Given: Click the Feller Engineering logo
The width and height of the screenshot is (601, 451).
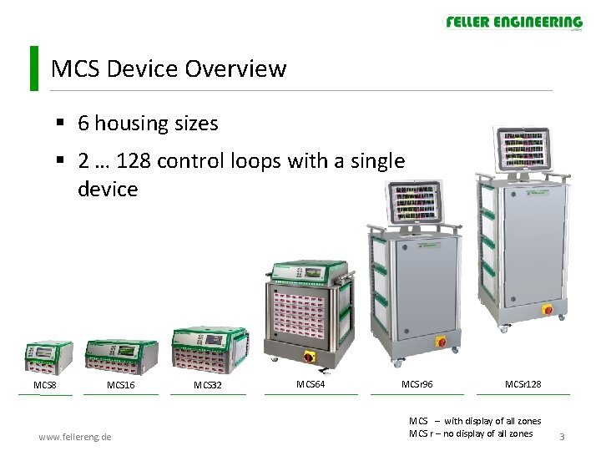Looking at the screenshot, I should (513, 23).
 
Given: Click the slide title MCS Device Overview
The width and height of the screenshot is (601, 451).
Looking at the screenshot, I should (168, 68).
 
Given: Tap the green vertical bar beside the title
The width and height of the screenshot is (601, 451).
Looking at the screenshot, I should (33, 68).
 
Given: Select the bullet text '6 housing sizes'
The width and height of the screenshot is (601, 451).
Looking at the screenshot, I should (148, 124).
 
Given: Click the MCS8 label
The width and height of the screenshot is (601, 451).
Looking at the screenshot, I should (45, 385).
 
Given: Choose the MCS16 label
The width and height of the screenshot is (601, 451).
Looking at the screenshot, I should (121, 385).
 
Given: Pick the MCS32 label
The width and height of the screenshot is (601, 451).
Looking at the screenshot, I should (208, 385).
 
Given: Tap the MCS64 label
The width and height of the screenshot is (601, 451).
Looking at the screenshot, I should (311, 384).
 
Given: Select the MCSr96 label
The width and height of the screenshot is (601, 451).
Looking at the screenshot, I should (417, 384).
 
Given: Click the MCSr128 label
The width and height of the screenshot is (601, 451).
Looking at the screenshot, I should (523, 384).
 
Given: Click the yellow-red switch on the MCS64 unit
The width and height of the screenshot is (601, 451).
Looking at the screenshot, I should (310, 357).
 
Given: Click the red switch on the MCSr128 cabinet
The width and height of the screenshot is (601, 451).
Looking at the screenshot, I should (548, 310).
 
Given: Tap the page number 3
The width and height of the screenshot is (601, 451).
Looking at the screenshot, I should (563, 437).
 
